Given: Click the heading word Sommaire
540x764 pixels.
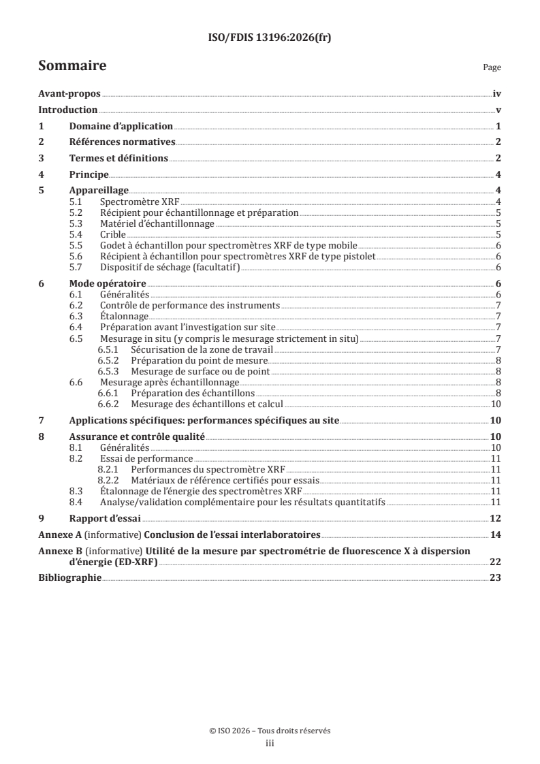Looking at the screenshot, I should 72,66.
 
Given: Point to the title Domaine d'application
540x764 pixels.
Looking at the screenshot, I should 121,127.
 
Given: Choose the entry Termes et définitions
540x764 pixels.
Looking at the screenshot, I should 118,159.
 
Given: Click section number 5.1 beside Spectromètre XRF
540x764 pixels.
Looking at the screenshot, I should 78,202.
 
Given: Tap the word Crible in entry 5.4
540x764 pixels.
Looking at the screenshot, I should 113,234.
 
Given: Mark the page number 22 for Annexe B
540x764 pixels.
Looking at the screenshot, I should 496,561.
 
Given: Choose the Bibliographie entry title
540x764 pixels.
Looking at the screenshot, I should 69,577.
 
